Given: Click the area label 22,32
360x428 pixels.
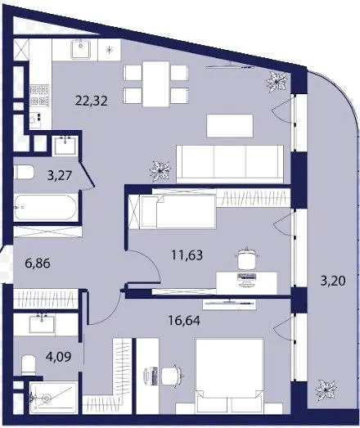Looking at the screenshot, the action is pyautogui.click(x=91, y=101).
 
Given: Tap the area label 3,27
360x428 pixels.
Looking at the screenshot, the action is pyautogui.click(x=60, y=175).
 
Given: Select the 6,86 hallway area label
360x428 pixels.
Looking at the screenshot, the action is pyautogui.click(x=38, y=264).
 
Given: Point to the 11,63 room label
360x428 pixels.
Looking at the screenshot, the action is pyautogui.click(x=187, y=255).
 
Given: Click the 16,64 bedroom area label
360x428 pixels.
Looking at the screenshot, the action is pyautogui.click(x=184, y=321).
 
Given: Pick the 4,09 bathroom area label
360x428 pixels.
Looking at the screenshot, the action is pyautogui.click(x=59, y=357).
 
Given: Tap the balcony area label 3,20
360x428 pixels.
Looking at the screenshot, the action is pyautogui.click(x=333, y=281).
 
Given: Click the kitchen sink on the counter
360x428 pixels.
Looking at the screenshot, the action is pyautogui.click(x=80, y=49).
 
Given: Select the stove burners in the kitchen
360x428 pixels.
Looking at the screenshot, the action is pyautogui.click(x=39, y=96).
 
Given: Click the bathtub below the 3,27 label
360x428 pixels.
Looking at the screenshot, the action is pyautogui.click(x=45, y=207).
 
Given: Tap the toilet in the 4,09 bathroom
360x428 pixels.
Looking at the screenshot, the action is pyautogui.click(x=29, y=365).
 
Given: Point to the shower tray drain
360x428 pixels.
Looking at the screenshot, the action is pyautogui.click(x=47, y=399).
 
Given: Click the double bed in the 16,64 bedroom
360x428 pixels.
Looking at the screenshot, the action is pyautogui.click(x=230, y=376).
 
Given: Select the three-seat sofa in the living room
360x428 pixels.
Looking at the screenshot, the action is pyautogui.click(x=230, y=164).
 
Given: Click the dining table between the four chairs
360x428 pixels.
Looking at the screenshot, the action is pyautogui.click(x=155, y=83).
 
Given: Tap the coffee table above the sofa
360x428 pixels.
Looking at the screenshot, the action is pyautogui.click(x=230, y=126).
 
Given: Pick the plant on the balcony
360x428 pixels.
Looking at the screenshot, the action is pyautogui.click(x=326, y=390).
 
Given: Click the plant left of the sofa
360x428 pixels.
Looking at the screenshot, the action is pyautogui.click(x=160, y=171).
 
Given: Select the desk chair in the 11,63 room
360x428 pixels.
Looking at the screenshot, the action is pyautogui.click(x=247, y=259).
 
